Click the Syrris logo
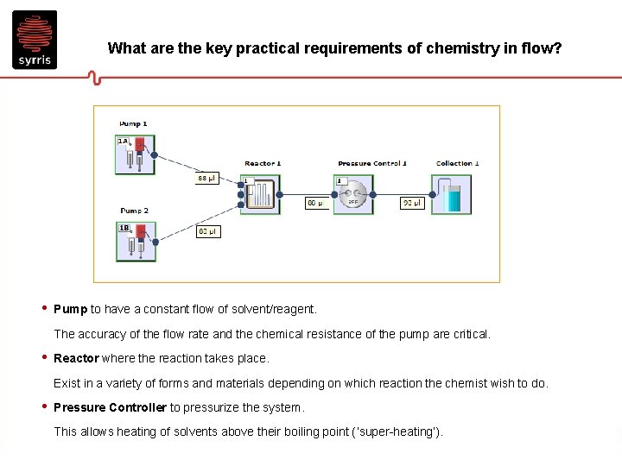tap(35, 40)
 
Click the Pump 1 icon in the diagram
tap(135, 154)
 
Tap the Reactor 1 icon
tap(259, 195)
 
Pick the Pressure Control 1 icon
tap(352, 195)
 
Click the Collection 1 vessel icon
tap(452, 194)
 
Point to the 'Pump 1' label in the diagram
tap(133, 124)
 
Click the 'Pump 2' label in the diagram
tap(134, 211)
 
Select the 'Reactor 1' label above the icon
tap(263, 163)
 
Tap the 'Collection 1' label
tap(457, 163)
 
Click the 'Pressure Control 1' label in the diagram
tap(372, 163)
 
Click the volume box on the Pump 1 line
tap(207, 179)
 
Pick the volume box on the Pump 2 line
tap(208, 231)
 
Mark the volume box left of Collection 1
tap(411, 204)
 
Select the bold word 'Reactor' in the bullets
tap(76, 358)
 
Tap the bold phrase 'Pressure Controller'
tap(110, 407)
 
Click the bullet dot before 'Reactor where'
tap(44, 357)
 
